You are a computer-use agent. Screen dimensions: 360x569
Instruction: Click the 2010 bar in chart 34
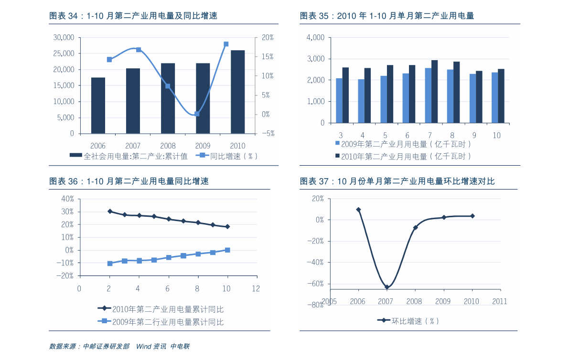237,92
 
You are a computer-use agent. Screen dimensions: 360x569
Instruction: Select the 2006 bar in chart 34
98,105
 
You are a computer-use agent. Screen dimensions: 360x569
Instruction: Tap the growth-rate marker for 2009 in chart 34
196,114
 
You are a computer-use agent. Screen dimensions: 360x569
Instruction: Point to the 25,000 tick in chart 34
64,53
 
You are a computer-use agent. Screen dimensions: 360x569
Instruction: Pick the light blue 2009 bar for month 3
339,100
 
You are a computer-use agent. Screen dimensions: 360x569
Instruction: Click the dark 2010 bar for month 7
434,91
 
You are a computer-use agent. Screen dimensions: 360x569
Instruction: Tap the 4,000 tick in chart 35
315,37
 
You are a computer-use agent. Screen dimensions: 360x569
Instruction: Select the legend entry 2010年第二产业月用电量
404,156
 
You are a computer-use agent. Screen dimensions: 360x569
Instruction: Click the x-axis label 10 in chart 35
496,135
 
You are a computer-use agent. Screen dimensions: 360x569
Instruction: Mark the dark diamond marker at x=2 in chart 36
110,211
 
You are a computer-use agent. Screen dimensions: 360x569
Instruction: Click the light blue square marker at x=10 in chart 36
227,250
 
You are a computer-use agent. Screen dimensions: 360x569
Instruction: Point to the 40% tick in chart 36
67,199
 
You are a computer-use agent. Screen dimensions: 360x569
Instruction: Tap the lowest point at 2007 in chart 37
387,287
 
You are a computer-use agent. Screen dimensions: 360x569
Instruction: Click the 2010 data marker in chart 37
472,216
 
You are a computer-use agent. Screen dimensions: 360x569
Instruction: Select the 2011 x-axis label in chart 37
499,301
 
